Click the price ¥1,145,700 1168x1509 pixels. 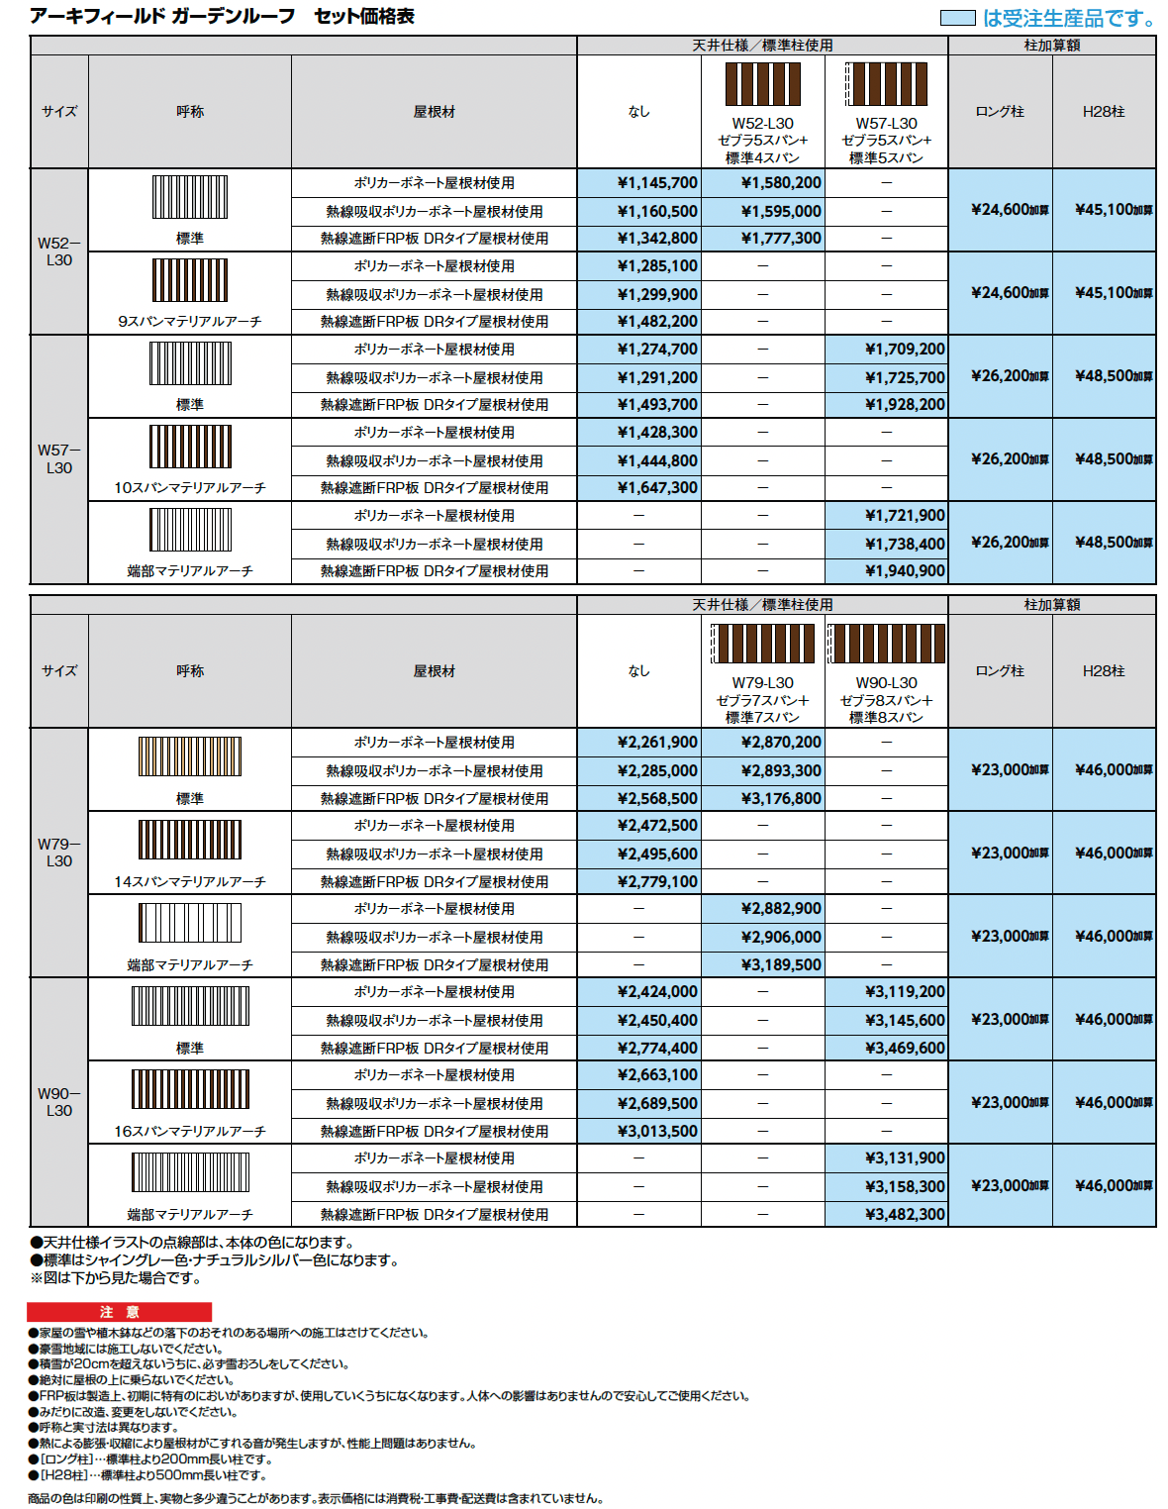tap(657, 183)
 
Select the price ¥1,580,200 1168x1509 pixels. tap(781, 183)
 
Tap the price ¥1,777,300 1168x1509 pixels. tap(781, 239)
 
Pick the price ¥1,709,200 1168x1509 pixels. tap(905, 350)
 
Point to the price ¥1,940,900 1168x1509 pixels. tap(905, 571)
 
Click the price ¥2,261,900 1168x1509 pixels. tap(657, 743)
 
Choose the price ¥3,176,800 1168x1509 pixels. tap(781, 799)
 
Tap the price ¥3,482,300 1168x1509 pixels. tap(905, 1215)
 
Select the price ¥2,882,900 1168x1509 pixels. tap(781, 909)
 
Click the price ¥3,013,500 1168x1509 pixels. tap(657, 1132)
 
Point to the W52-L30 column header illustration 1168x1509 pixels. tap(762, 84)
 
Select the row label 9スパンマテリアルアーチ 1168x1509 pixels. tap(190, 322)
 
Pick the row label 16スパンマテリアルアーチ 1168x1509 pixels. tap(190, 1132)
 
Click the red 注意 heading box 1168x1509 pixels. tap(119, 1312)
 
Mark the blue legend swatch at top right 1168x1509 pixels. tap(957, 18)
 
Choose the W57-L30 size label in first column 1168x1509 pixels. tap(59, 458)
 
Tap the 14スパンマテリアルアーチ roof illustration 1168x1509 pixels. tap(190, 840)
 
